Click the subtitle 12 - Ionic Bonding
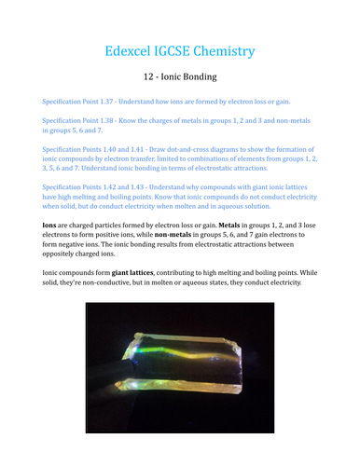(x=180, y=77)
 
